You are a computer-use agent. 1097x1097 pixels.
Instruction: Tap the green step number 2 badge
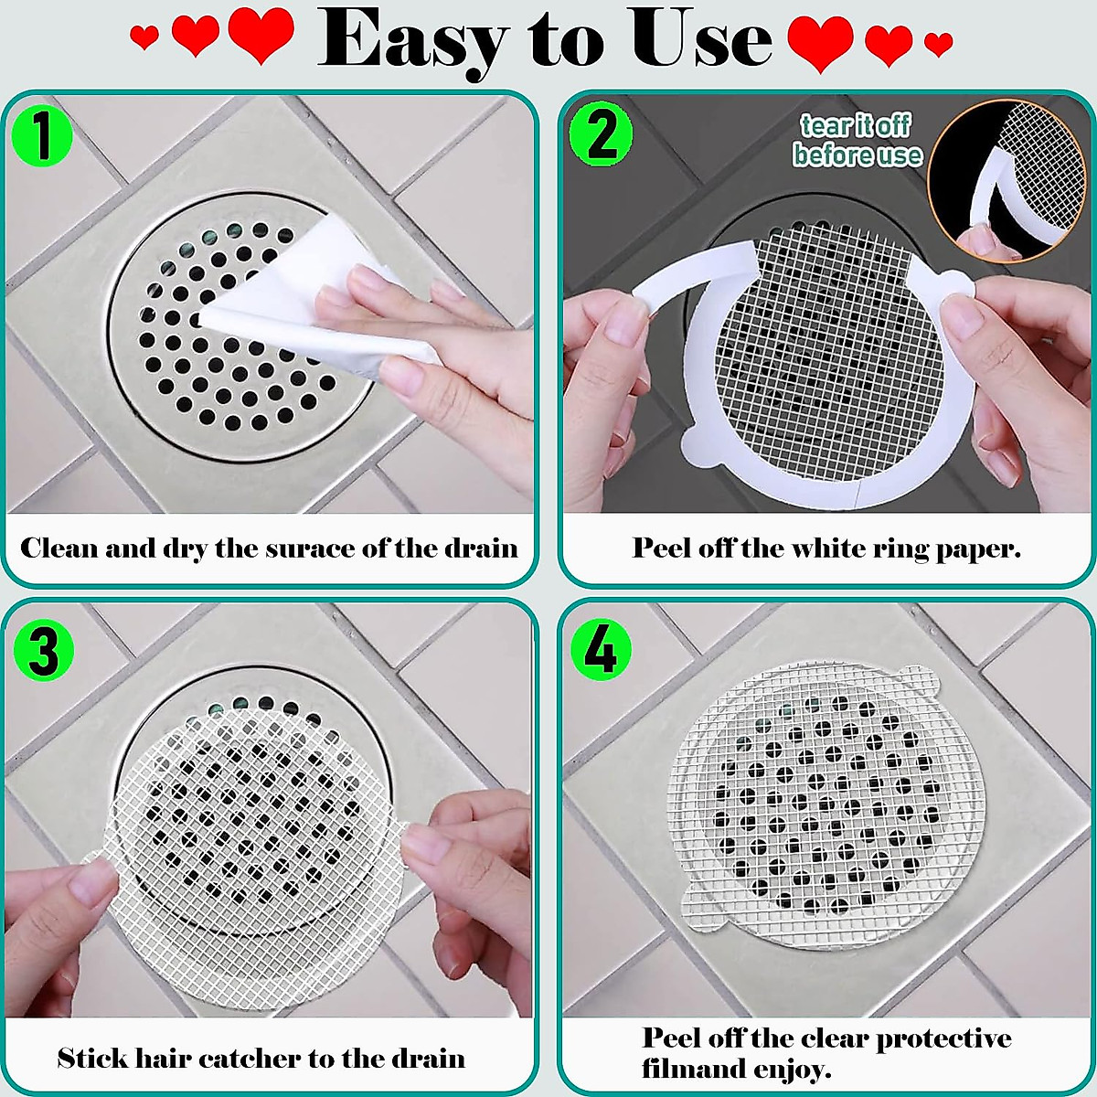601,135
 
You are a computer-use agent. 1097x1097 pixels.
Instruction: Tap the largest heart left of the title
261,35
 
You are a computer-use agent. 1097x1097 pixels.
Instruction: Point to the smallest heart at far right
938,42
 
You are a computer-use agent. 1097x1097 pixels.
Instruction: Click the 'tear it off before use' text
857,140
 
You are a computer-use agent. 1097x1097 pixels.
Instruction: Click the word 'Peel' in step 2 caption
662,548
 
